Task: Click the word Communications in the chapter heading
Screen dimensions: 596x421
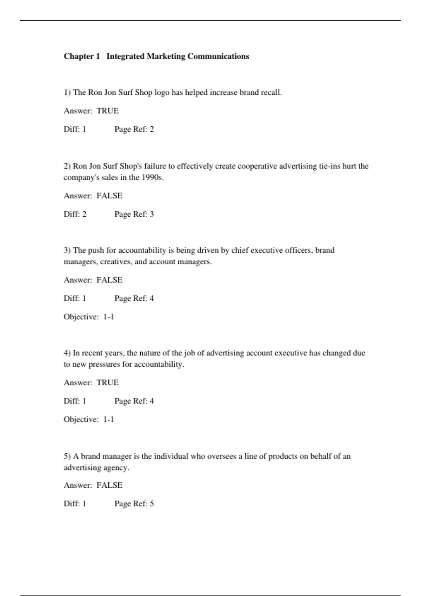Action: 218,56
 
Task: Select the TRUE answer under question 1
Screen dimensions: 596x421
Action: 108,111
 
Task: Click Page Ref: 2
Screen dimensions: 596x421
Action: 134,129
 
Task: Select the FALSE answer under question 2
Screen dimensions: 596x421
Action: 109,196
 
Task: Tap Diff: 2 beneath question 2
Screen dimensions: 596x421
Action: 75,214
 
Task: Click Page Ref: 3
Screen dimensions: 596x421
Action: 134,214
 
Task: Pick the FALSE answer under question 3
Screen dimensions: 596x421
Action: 109,280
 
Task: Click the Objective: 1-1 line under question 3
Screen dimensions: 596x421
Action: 89,317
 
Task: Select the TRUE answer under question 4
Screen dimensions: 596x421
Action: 108,382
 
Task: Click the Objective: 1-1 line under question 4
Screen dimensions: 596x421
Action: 89,420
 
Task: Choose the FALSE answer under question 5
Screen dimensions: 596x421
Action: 109,485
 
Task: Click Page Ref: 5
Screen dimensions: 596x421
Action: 134,504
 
